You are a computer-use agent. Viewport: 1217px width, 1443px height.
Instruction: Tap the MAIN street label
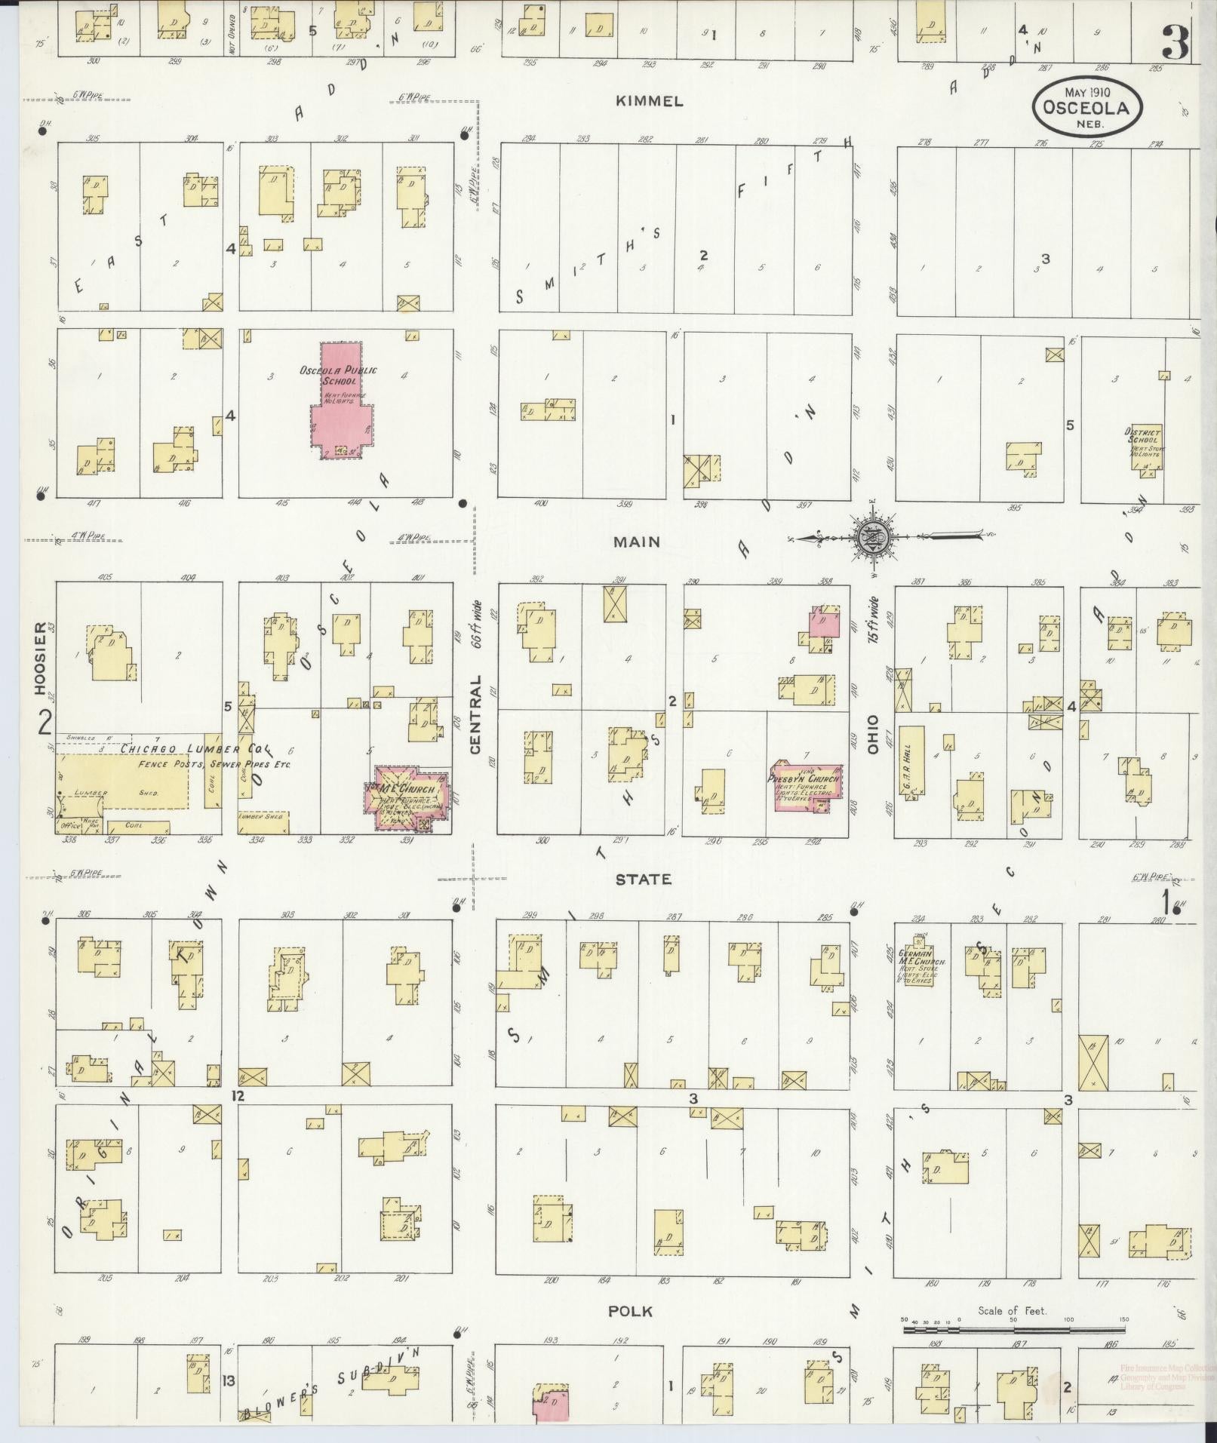tap(637, 542)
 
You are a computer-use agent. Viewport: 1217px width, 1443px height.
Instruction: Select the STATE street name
tap(643, 879)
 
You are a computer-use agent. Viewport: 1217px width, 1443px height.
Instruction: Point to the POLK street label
tap(631, 1312)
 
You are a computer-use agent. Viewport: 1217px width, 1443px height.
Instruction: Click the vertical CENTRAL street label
tap(475, 714)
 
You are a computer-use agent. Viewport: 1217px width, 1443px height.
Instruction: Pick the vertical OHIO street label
tap(874, 734)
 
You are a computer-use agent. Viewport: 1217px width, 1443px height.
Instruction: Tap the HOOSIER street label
tap(40, 658)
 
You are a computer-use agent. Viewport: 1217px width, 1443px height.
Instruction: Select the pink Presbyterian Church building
tap(804, 788)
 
